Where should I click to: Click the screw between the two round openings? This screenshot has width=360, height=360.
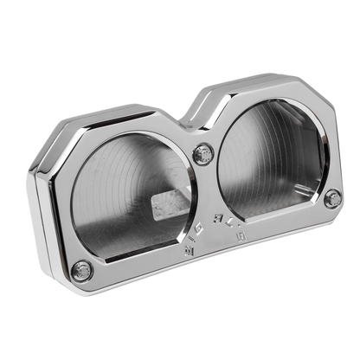204,155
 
